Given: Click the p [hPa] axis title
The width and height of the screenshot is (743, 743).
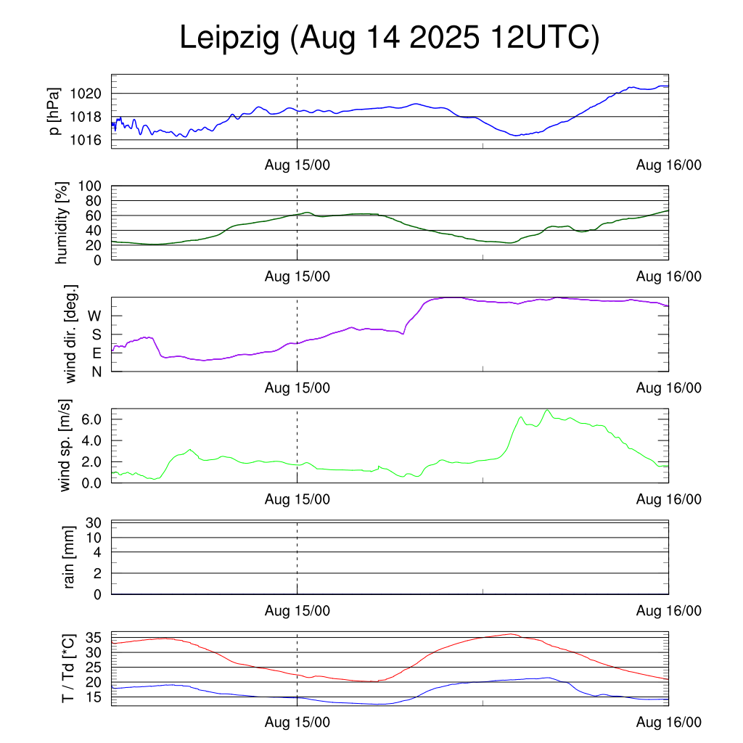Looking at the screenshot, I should click(x=54, y=111).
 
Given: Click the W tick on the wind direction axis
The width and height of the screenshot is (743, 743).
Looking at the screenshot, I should click(x=94, y=316).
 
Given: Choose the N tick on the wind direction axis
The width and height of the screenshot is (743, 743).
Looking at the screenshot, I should click(x=96, y=371).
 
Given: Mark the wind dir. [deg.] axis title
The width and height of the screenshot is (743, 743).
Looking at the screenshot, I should click(x=70, y=334).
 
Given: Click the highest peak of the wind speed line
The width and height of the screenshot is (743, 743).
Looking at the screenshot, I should click(x=547, y=410).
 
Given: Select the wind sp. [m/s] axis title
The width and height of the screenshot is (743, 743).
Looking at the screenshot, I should click(x=66, y=445).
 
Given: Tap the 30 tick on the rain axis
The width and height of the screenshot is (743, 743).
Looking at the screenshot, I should click(x=94, y=523).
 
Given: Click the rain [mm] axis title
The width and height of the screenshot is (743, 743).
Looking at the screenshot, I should click(x=70, y=557).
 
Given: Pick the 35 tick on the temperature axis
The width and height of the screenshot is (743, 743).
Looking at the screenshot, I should click(x=94, y=638).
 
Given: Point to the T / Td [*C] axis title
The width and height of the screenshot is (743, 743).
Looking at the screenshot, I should click(x=67, y=668).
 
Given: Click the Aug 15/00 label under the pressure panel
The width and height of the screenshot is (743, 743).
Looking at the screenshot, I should click(x=297, y=165).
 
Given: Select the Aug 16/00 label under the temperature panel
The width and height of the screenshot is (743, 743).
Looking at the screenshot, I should click(x=668, y=722).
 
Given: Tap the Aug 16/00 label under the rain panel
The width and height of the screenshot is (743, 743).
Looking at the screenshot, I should click(x=668, y=611).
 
